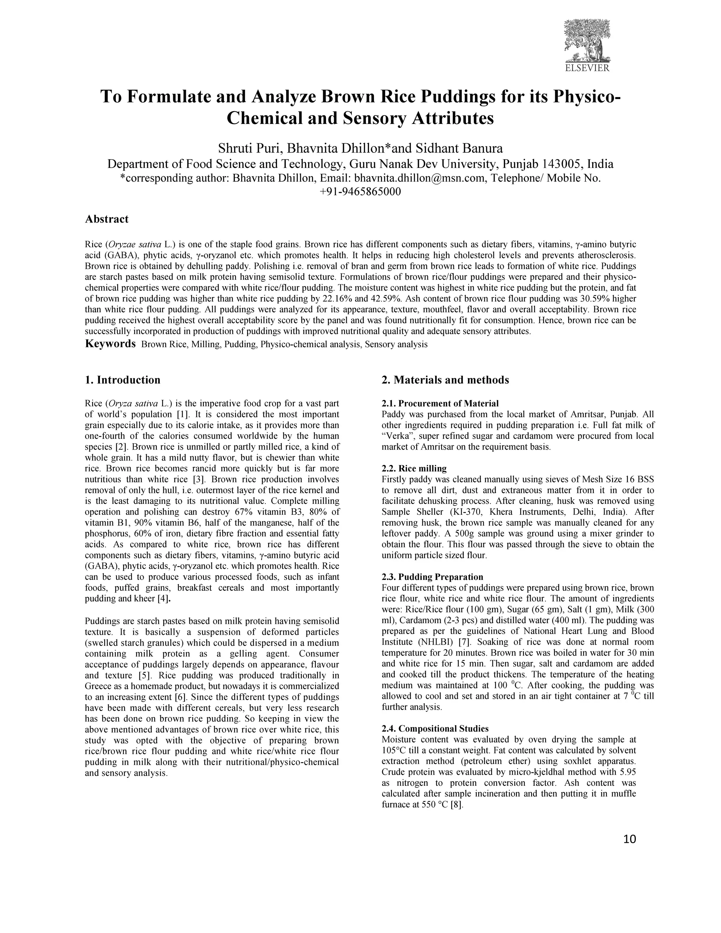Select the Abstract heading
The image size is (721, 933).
point(107,219)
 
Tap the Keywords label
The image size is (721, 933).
point(110,344)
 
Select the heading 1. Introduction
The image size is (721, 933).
point(123,380)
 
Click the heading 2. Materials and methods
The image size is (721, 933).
point(445,380)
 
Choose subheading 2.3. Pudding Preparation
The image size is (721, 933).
point(432,577)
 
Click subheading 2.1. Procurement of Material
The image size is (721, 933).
point(440,403)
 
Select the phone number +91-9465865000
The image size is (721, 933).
point(360,192)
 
